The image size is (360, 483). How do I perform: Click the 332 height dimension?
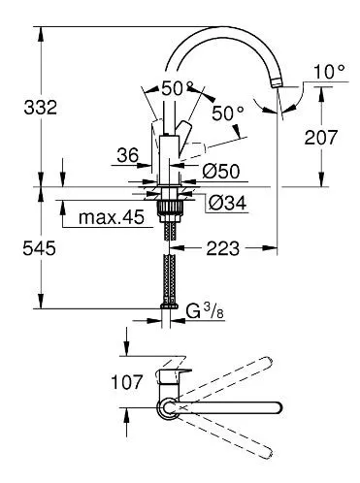(x=40, y=108)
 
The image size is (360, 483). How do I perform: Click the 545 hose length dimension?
(x=39, y=248)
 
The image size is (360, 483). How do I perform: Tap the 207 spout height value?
(x=321, y=137)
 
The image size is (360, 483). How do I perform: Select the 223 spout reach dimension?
(x=223, y=248)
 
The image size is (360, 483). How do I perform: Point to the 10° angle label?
(x=329, y=72)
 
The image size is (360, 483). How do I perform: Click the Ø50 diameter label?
(x=221, y=171)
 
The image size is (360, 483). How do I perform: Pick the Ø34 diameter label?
(x=227, y=203)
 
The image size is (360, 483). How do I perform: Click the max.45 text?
(x=112, y=217)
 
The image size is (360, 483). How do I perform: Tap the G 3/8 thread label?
(x=205, y=311)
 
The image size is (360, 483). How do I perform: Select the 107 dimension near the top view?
(x=126, y=382)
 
